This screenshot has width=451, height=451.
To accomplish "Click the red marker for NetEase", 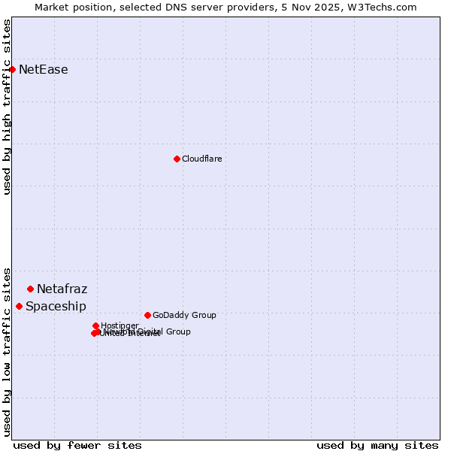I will pyautogui.click(x=12, y=69).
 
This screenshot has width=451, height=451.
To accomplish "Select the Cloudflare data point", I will pyautogui.click(x=177, y=159).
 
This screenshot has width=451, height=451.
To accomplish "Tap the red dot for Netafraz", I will pyautogui.click(x=30, y=289).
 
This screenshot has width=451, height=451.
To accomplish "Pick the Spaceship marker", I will pyautogui.click(x=19, y=306).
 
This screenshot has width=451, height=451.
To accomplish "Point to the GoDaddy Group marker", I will pyautogui.click(x=147, y=315).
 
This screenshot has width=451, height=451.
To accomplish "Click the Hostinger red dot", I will pyautogui.click(x=95, y=325).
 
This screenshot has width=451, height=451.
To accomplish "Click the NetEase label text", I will pyautogui.click(x=43, y=70).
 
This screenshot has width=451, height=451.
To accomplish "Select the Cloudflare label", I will pyautogui.click(x=201, y=159).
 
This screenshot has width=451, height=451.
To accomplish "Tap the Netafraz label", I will pyautogui.click(x=62, y=289).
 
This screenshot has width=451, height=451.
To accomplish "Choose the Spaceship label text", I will pyautogui.click(x=56, y=306).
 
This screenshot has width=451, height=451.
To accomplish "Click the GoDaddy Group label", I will pyautogui.click(x=183, y=315).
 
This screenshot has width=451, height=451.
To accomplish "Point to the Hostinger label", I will pyautogui.click(x=120, y=325).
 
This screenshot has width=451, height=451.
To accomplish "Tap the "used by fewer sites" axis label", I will pyautogui.click(x=77, y=445).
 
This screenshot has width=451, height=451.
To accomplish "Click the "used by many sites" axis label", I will pyautogui.click(x=377, y=445).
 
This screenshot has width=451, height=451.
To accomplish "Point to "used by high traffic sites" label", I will pyautogui.click(x=7, y=107).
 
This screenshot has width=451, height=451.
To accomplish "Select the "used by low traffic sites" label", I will pyautogui.click(x=7, y=351).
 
